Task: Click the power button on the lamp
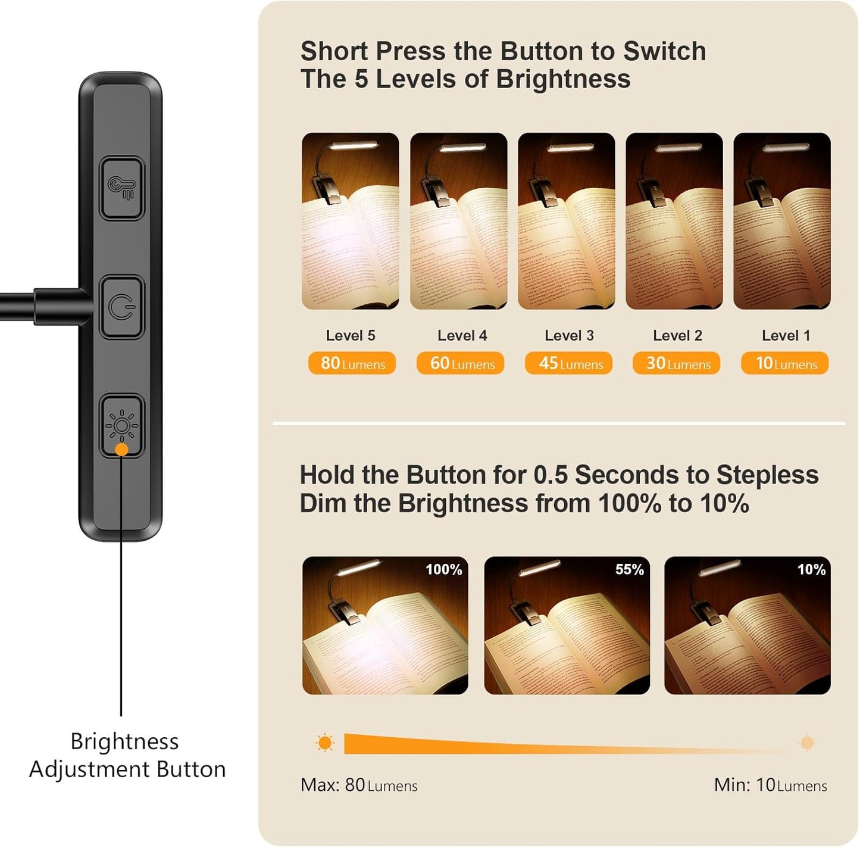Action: (122, 307)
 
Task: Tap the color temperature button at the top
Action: (122, 188)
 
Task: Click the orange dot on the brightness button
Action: (121, 450)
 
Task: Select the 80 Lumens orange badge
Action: (352, 363)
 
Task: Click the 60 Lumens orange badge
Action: (460, 363)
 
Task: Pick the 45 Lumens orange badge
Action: (568, 363)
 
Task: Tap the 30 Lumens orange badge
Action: (677, 363)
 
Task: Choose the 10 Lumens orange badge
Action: (784, 363)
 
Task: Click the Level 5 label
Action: (351, 336)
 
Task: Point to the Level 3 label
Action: (569, 336)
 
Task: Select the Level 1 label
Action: (786, 336)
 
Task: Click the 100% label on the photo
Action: (443, 570)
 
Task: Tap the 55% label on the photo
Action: (629, 570)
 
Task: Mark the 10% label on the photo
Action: (811, 570)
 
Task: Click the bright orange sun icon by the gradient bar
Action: (325, 743)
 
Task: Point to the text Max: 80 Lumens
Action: (359, 785)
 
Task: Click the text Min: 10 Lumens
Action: (770, 785)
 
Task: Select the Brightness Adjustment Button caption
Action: (127, 755)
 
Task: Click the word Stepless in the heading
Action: (767, 475)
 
